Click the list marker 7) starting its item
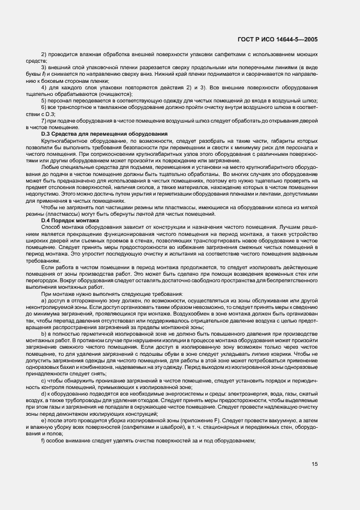pyautogui.click(x=44, y=120)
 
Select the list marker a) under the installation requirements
pyautogui.click(x=44, y=300)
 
